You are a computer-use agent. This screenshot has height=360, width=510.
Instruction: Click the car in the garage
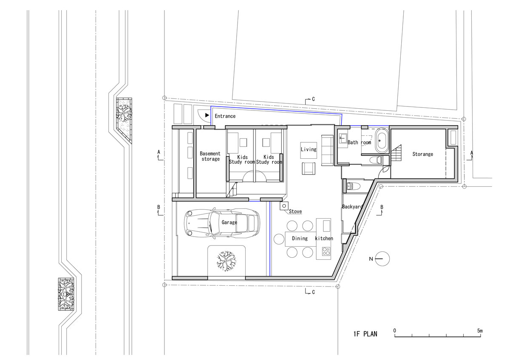[221, 222]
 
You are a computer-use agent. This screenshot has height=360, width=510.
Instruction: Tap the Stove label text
[295, 211]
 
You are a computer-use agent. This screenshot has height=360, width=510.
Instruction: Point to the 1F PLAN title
[365, 334]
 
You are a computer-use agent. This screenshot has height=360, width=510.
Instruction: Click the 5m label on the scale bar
[479, 330]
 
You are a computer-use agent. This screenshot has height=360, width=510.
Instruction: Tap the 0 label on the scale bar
[395, 330]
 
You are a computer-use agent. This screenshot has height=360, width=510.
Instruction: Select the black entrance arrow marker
[207, 115]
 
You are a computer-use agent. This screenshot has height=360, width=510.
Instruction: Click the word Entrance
[225, 116]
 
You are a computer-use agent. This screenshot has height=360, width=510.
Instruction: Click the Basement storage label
[210, 156]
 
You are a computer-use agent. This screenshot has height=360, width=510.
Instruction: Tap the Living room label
[309, 149]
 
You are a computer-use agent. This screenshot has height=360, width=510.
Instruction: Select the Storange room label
[422, 154]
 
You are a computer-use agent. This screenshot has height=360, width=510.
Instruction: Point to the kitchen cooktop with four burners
[326, 251]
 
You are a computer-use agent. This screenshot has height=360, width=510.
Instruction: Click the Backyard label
[352, 207]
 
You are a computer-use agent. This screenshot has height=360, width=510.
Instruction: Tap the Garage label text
[229, 222]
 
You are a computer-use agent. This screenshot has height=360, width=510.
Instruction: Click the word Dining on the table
[300, 238]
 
